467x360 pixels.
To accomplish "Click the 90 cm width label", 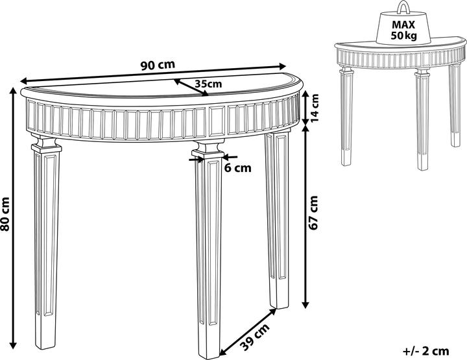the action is pos(158,65).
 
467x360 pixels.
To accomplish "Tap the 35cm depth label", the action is pos(208,84).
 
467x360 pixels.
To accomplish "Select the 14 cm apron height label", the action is pos(314,108).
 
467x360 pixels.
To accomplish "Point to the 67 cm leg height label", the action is pos(314,213).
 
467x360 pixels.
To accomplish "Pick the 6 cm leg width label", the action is pos(237,168).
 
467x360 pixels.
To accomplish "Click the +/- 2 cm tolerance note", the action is pos(425,352).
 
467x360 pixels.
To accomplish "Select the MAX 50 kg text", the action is pos(403,30).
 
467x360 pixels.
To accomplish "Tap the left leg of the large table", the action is pos(45,244).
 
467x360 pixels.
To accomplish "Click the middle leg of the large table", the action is pos(208,250).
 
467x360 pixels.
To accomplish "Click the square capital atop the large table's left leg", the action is pos(46,145).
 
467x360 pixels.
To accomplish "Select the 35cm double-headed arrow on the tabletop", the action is pos(191,88).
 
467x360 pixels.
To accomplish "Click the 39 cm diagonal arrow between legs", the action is pos(248,332).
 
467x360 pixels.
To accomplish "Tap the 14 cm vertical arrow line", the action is pos(305,108).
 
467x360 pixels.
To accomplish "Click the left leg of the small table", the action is pos(346,116).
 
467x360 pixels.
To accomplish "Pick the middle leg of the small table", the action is pos(422,119).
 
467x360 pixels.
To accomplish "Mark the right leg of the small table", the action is pos(455,105).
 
